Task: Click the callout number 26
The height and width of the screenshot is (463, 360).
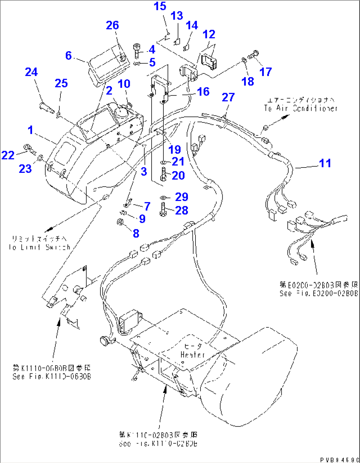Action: pos(112,25)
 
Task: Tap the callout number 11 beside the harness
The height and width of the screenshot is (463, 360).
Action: pos(325,163)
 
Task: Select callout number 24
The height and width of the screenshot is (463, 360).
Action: pos(31,72)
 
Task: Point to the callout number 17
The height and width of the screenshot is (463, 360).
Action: pos(266,72)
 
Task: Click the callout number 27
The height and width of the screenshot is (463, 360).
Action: pos(228,97)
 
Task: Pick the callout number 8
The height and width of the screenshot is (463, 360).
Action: pos(136,233)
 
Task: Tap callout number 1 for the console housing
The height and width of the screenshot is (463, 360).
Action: pos(31,130)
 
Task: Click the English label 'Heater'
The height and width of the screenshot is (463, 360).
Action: pos(193,355)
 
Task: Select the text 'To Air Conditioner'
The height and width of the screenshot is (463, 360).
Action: pos(301,108)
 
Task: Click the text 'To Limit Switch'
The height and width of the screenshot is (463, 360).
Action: pos(40,247)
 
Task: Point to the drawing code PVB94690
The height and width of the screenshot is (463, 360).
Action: pos(339,459)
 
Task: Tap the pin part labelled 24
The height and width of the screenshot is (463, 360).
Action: pos(46,108)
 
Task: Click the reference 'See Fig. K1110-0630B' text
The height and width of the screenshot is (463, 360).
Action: pos(52,376)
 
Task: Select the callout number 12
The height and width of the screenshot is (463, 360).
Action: pos(209,34)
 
